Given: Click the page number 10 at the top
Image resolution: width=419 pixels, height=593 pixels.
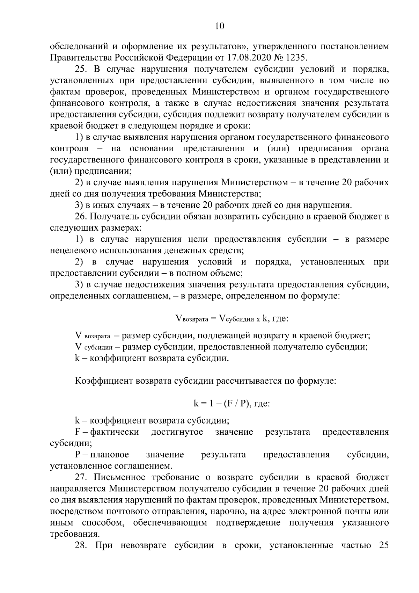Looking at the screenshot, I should pos(220,27).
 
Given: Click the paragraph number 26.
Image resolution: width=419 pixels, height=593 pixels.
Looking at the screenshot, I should pos(81,217).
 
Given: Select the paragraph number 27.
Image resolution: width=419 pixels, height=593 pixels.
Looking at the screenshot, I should pos(81,477).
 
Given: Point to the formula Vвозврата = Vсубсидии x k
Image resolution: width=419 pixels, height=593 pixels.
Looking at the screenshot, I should pos(220,318).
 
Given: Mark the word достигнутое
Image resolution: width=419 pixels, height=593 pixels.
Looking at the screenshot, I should pos(177,432).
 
